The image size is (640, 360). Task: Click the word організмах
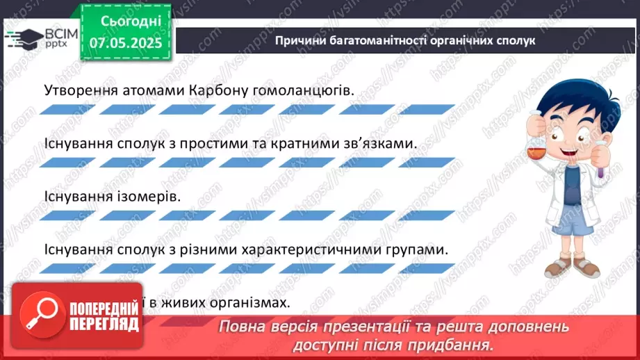tap(236, 302)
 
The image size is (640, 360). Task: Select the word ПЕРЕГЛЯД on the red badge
tap(104, 324)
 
